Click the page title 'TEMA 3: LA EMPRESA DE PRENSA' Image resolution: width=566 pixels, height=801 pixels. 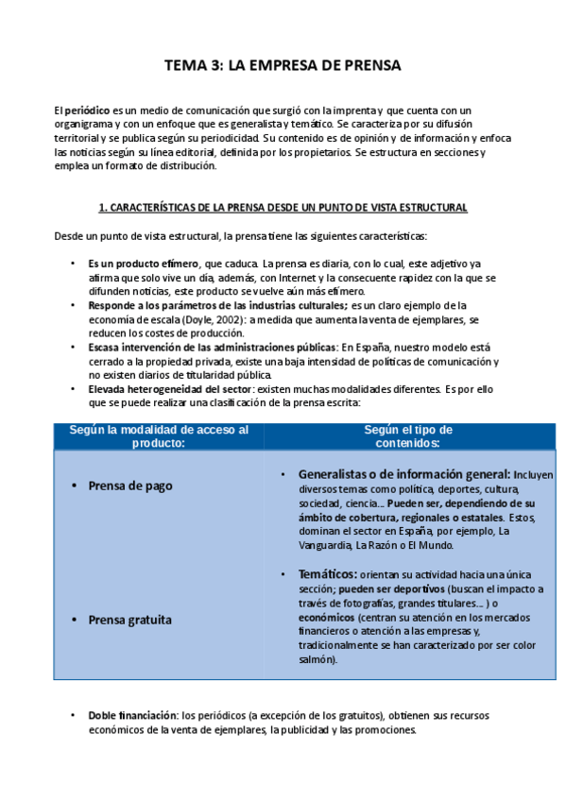coord(283,65)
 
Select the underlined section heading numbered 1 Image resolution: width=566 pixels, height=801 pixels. coord(283,208)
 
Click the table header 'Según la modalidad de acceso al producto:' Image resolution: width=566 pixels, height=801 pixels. coord(159,435)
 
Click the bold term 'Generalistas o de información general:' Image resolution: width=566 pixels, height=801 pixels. coord(404,474)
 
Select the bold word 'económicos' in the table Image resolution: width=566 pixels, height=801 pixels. coord(327,618)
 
